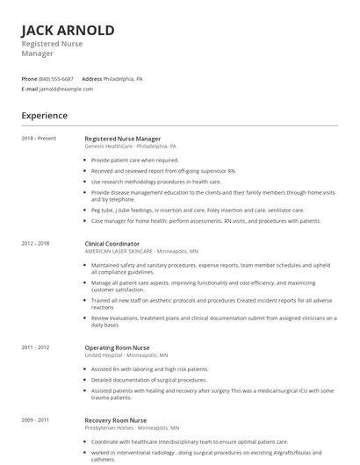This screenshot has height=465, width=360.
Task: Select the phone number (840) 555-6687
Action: click(x=56, y=79)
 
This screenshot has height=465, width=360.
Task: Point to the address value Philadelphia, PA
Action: click(x=123, y=79)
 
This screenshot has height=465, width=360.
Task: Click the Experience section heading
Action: click(x=45, y=115)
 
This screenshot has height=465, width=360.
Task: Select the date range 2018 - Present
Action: click(x=39, y=139)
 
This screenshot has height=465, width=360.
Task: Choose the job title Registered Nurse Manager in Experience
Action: click(x=122, y=139)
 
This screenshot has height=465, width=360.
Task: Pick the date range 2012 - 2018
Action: click(x=36, y=243)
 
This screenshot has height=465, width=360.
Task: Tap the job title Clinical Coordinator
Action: click(x=112, y=243)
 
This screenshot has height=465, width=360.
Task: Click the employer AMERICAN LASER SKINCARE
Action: click(x=119, y=251)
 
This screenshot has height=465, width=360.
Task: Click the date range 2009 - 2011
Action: click(x=36, y=420)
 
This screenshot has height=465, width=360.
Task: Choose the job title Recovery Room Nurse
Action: click(x=115, y=420)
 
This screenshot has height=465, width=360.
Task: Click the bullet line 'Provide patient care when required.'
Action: click(x=134, y=161)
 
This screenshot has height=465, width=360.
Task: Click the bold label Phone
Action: click(x=29, y=79)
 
